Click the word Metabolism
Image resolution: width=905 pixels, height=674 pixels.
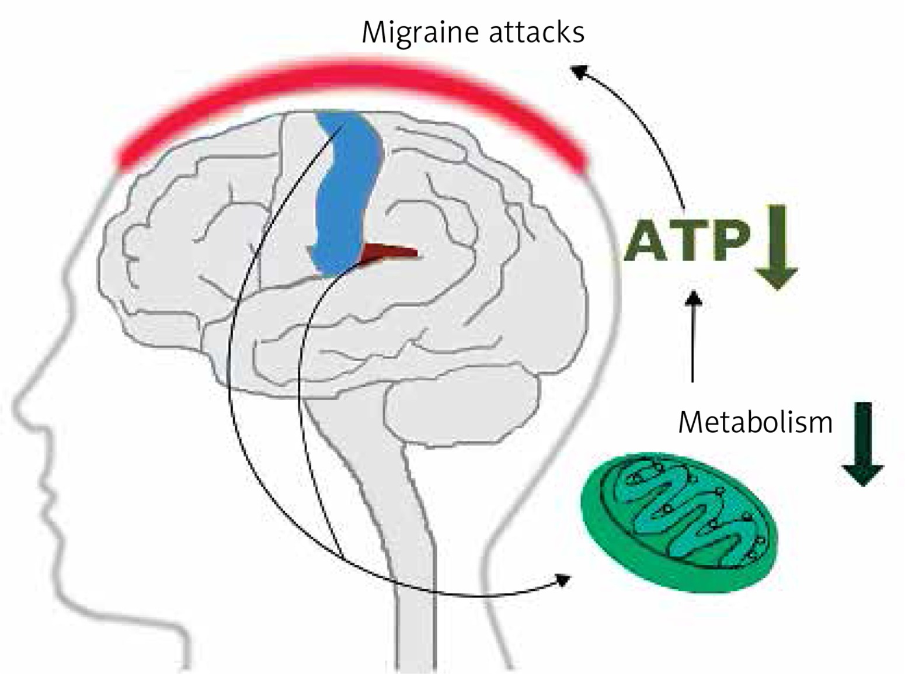click(755, 422)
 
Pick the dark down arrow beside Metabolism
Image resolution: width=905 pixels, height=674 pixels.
click(863, 444)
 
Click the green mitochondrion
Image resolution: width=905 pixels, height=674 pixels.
click(680, 522)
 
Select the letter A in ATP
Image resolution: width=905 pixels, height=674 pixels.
click(648, 241)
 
